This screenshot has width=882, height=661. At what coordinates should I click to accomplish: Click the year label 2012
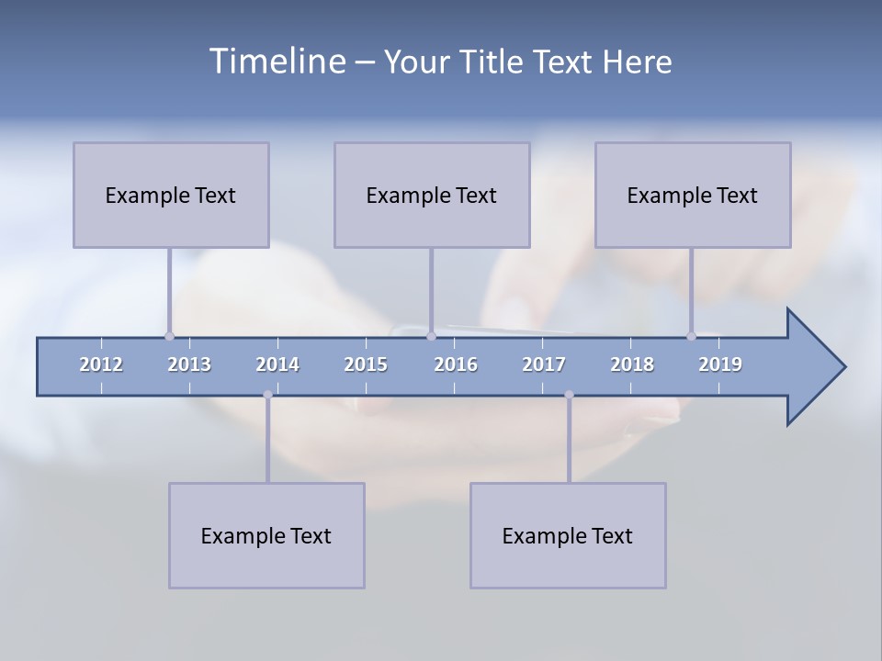click(x=101, y=364)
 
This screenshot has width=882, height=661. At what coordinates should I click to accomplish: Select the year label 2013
click(x=189, y=364)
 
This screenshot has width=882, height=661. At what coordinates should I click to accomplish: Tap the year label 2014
click(x=277, y=364)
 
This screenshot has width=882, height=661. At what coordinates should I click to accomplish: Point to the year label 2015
click(x=366, y=364)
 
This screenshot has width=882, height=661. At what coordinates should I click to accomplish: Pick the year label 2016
click(x=456, y=364)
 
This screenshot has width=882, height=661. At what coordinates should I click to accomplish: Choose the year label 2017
click(x=544, y=364)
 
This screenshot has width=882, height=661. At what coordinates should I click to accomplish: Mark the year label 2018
click(x=632, y=364)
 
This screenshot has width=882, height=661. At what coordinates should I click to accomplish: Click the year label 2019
click(x=720, y=364)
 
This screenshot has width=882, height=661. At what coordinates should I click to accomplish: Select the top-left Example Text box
click(x=171, y=195)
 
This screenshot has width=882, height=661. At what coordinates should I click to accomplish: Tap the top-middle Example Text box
click(x=432, y=195)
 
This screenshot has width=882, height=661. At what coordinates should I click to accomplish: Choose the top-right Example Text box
click(x=693, y=195)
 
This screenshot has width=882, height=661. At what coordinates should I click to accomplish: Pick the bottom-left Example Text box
click(x=266, y=535)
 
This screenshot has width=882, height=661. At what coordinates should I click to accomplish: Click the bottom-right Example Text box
click(x=568, y=535)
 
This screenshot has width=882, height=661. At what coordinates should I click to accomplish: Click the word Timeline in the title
click(x=277, y=62)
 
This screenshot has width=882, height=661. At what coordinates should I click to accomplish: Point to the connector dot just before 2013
click(x=169, y=336)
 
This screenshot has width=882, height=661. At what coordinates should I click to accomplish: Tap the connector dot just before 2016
click(x=431, y=336)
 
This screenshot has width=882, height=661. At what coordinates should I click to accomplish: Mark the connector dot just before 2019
click(x=691, y=336)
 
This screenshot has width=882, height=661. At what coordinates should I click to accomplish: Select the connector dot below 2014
click(x=267, y=395)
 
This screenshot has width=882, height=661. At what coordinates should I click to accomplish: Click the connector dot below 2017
click(x=569, y=395)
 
